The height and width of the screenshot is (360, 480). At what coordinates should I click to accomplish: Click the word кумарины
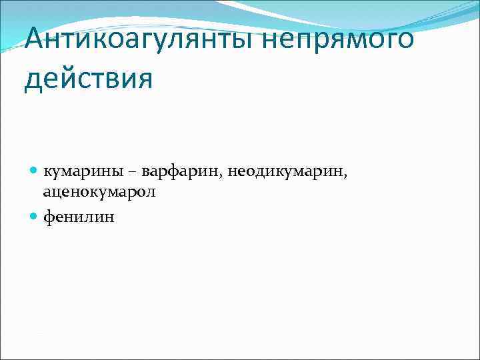[83, 172]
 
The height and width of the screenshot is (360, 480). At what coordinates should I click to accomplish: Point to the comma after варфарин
[222, 176]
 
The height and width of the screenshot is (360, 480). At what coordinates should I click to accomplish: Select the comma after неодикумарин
[346, 176]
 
